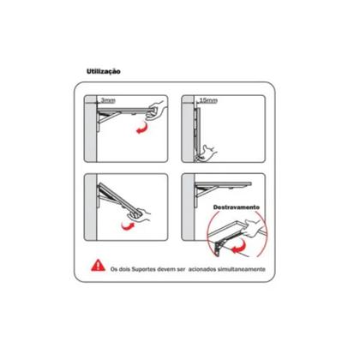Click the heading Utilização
[x=104, y=71]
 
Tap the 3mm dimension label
[x=108, y=100]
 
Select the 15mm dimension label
[x=208, y=100]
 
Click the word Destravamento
[x=237, y=207]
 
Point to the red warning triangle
[x=98, y=265]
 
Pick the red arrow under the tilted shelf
[x=129, y=225]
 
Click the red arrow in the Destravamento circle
[x=238, y=248]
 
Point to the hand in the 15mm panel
[x=208, y=153]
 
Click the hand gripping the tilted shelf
[x=140, y=214]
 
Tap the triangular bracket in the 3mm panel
[x=109, y=121]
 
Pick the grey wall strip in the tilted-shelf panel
[x=91, y=207]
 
